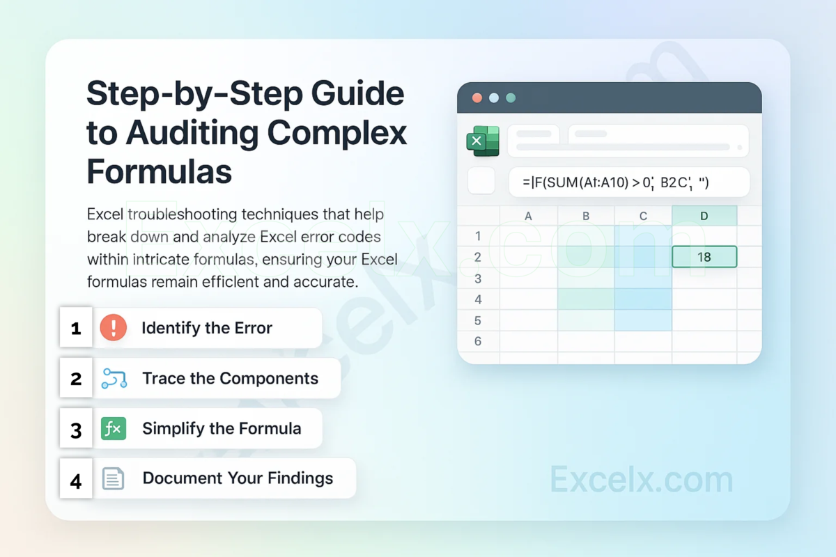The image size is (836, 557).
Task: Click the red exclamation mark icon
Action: (113, 327)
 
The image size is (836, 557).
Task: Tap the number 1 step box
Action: (76, 328)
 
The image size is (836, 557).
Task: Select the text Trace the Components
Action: (230, 379)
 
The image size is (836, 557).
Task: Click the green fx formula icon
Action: (113, 429)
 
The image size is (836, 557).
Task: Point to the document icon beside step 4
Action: (113, 478)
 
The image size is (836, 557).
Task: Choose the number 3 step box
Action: (76, 430)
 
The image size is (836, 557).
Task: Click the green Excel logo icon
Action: (483, 141)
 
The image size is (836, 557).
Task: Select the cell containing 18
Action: (704, 257)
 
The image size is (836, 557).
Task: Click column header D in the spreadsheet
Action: (704, 216)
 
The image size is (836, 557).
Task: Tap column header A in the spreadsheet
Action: (528, 216)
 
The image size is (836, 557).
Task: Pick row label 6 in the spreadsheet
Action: (478, 341)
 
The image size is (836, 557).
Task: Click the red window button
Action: (477, 98)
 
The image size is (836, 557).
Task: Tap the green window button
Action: (511, 98)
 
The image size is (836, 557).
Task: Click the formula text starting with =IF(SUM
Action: (615, 182)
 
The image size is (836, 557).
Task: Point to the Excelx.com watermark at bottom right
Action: (641, 480)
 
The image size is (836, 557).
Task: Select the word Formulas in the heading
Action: (159, 171)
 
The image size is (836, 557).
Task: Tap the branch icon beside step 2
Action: (114, 379)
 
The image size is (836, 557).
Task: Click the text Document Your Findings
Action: (238, 478)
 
